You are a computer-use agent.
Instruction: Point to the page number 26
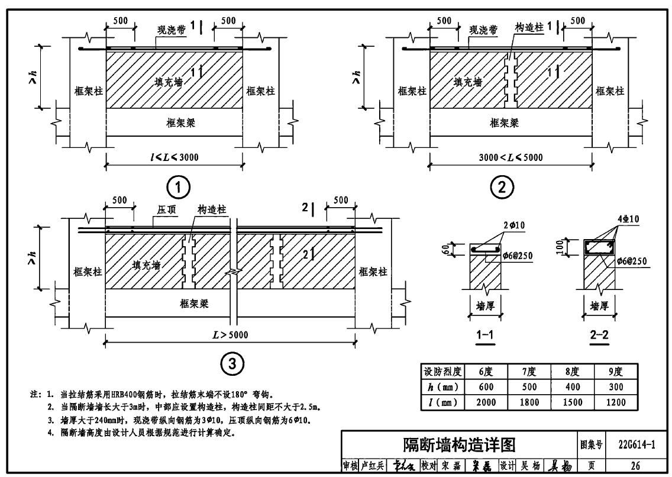636,466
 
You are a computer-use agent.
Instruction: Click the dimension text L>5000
230,335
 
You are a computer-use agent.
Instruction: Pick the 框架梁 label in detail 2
504,123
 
